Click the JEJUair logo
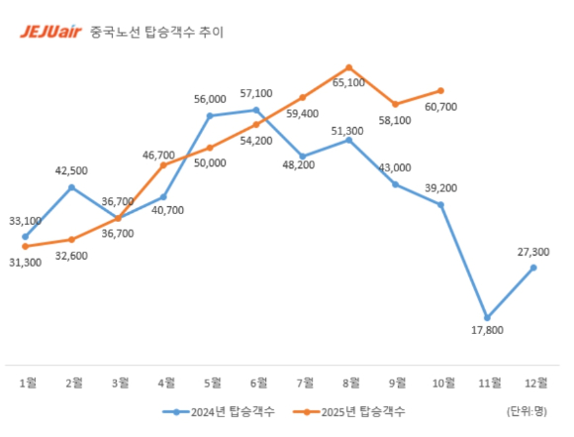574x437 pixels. (x=50, y=31)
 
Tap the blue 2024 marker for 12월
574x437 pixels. (x=533, y=267)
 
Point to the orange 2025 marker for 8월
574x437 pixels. (x=348, y=67)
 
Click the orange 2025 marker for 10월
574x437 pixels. (x=440, y=90)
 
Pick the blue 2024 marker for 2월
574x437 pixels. (x=71, y=186)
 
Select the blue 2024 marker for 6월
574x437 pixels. (x=256, y=110)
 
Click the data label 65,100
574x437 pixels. (x=348, y=83)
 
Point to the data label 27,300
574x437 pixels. (x=533, y=252)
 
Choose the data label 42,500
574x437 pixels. (x=71, y=169)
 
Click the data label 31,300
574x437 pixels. (x=25, y=262)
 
